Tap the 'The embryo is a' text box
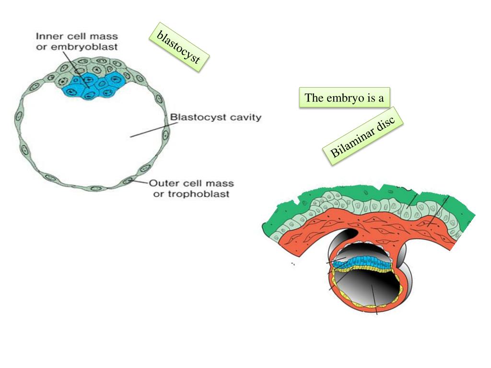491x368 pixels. tap(344, 98)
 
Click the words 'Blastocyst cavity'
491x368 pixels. tap(216, 117)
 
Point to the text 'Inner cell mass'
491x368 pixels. tap(77, 36)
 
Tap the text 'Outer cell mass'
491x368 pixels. tap(191, 184)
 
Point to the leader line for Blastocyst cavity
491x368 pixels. tap(149, 130)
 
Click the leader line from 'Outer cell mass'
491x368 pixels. tap(140, 182)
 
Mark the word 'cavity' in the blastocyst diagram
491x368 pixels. tap(243, 117)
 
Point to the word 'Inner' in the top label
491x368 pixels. tap(47, 36)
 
